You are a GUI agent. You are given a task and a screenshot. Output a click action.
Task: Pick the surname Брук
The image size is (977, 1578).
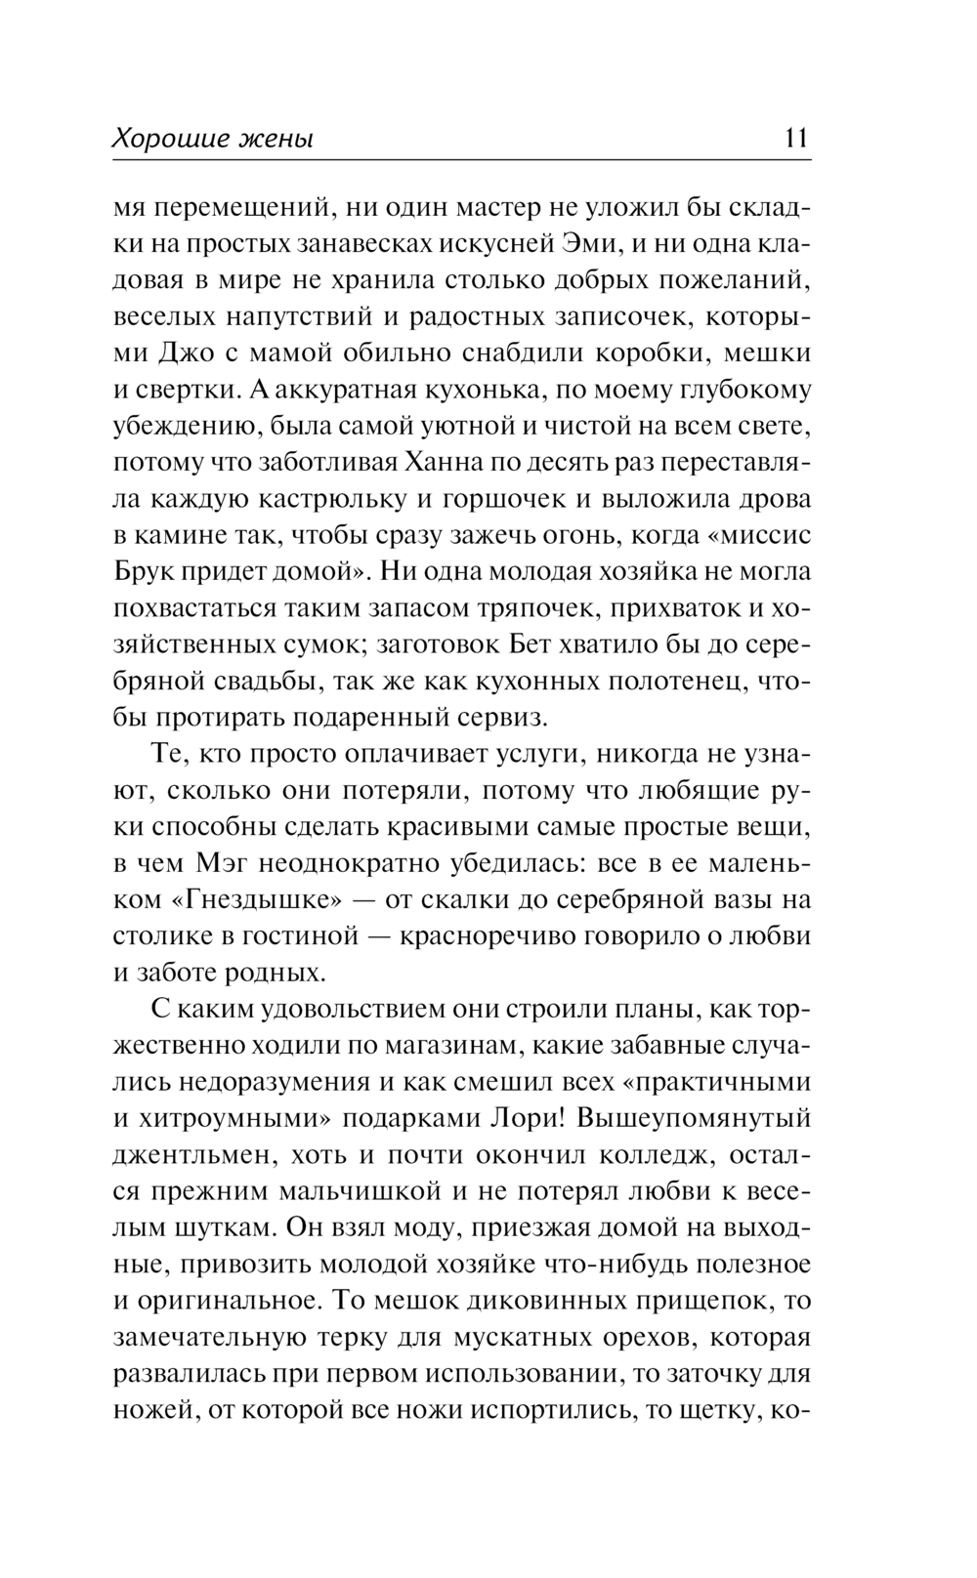144,571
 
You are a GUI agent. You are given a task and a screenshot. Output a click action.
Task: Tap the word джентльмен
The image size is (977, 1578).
183,1153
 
